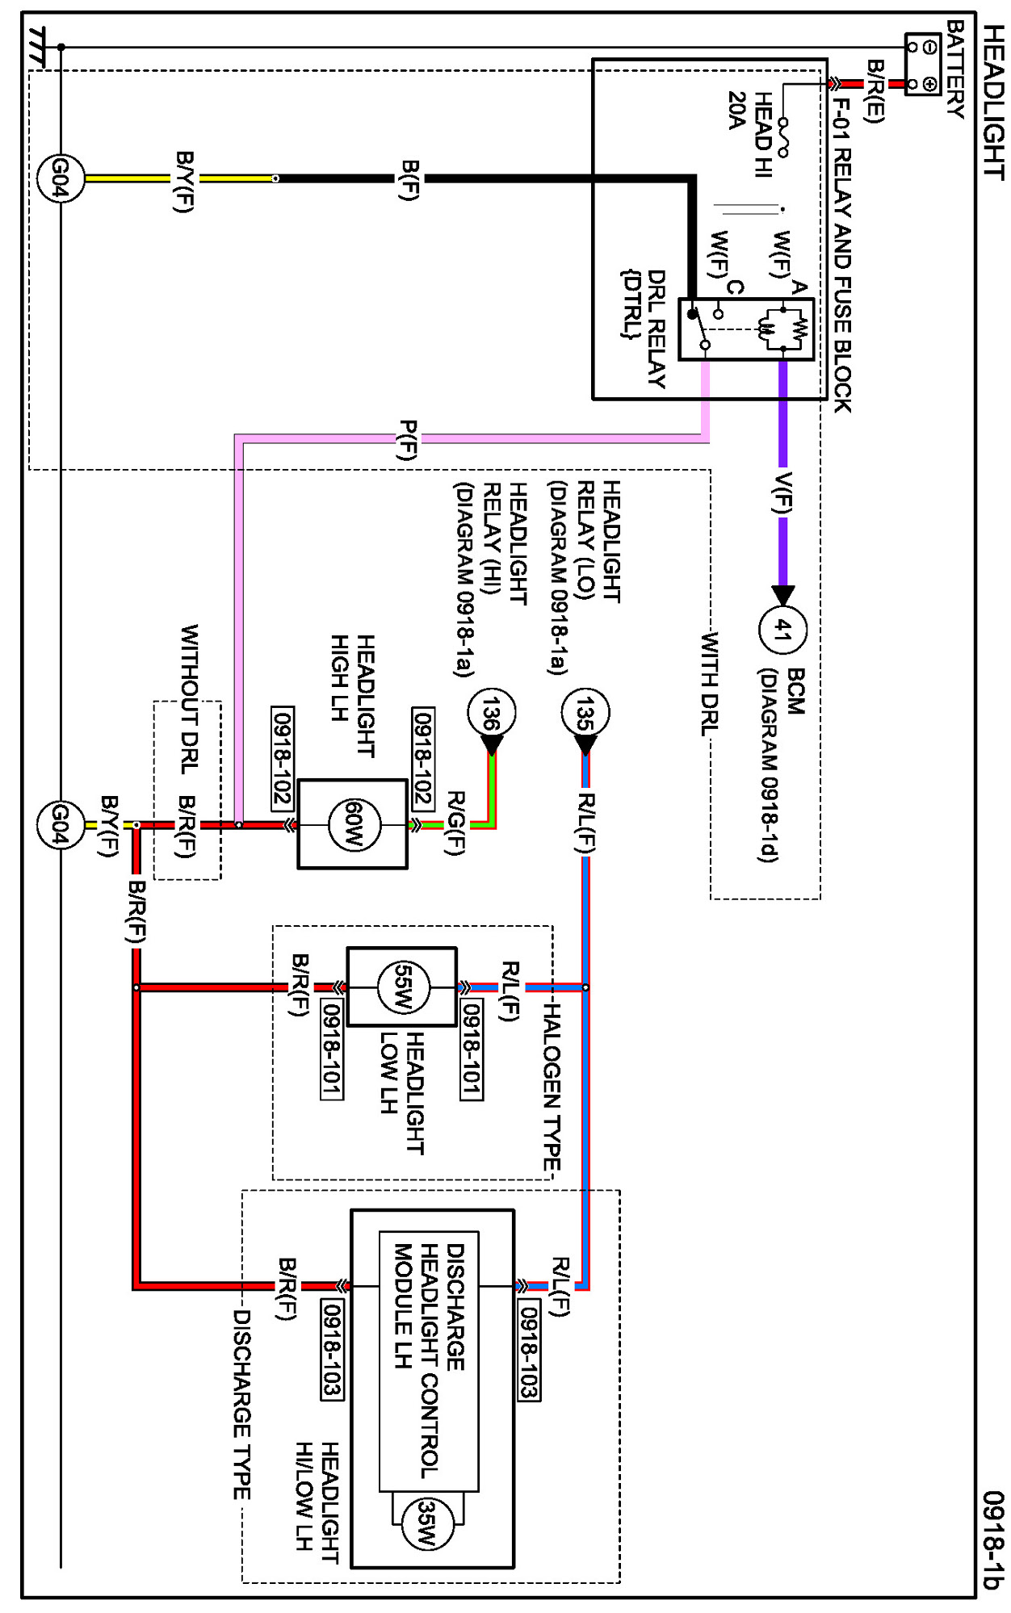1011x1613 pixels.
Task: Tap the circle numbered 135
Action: point(585,713)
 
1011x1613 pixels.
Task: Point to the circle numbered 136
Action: point(492,713)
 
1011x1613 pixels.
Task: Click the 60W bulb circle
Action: point(353,824)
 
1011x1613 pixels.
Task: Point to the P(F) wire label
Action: point(409,440)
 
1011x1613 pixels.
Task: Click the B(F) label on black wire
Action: point(410,180)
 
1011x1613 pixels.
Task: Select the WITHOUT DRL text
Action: point(189,699)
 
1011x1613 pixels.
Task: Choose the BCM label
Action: point(795,691)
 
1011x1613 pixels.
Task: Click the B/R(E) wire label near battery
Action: point(874,90)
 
